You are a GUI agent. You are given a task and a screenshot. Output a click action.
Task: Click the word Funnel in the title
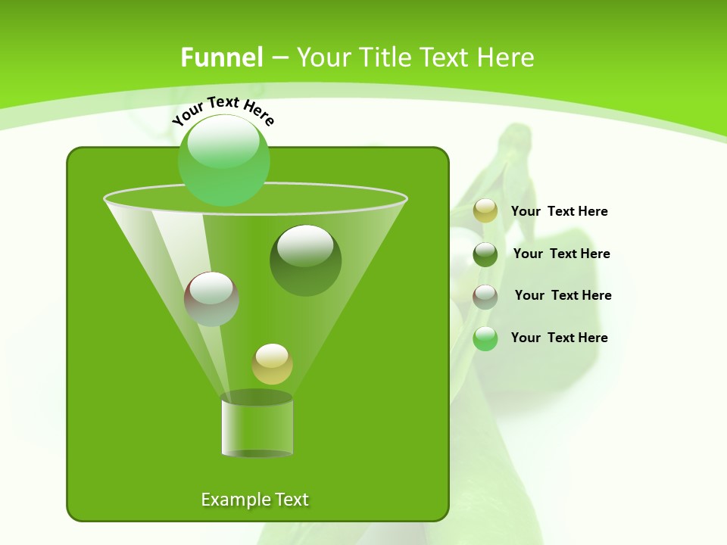(x=221, y=58)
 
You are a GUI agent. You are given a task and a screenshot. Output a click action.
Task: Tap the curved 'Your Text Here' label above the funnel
(x=223, y=111)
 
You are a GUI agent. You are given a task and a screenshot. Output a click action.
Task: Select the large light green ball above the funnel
(x=224, y=160)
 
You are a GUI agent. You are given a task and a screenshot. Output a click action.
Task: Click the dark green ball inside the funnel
(x=305, y=260)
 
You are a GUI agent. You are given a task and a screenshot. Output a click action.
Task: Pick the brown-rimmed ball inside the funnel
(x=211, y=299)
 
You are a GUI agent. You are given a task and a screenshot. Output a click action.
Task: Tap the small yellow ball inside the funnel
(x=272, y=364)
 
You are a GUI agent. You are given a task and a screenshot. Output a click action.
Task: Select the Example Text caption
(x=254, y=500)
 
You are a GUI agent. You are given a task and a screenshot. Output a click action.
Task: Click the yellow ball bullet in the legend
(x=485, y=211)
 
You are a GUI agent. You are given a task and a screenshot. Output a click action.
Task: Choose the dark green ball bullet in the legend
(x=485, y=254)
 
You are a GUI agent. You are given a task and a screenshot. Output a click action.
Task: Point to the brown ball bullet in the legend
(x=485, y=297)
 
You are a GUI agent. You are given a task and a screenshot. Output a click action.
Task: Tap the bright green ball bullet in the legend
(x=485, y=338)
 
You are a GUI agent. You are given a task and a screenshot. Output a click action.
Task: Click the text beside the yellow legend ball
(x=559, y=212)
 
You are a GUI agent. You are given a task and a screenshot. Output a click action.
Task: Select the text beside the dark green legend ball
(x=561, y=254)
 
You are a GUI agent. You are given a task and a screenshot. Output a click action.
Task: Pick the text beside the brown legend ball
(x=563, y=296)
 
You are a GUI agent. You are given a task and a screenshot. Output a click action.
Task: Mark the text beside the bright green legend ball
(x=559, y=338)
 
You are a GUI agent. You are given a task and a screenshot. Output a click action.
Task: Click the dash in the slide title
(x=279, y=58)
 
